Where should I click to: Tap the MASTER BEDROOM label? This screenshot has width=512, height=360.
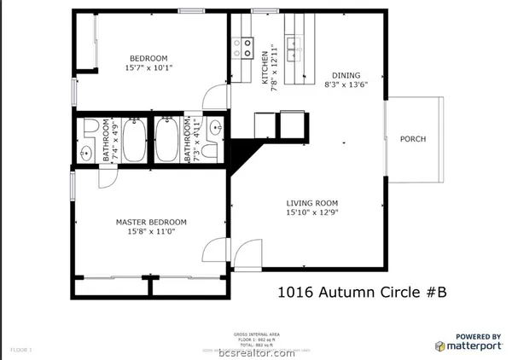[x=151, y=222]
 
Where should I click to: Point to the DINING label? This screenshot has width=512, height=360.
[x=346, y=75]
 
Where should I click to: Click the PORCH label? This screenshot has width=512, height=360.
[x=413, y=139]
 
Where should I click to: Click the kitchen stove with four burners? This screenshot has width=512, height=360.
[x=243, y=46]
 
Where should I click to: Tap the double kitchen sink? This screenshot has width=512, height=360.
[x=295, y=45]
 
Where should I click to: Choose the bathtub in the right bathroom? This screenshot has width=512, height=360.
[x=166, y=141]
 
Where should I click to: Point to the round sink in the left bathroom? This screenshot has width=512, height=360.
[x=86, y=154]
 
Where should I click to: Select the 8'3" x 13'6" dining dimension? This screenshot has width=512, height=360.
[x=346, y=86]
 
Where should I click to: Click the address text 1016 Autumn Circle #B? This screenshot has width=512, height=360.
[x=363, y=293]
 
